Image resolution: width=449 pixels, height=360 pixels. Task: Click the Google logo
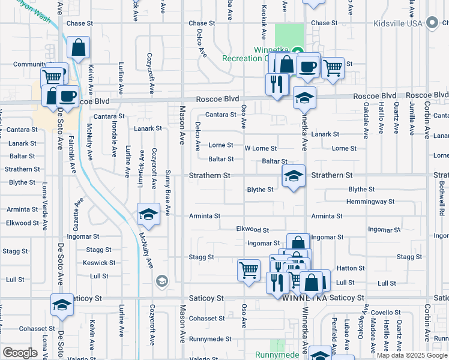(x=20, y=353)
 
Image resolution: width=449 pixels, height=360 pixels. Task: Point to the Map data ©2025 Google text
(x=412, y=355)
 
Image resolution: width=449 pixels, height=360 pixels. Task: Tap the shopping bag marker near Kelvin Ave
(x=79, y=47)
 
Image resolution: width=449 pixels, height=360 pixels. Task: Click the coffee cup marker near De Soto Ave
(x=67, y=97)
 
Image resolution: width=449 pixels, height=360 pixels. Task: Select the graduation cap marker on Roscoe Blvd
(x=304, y=97)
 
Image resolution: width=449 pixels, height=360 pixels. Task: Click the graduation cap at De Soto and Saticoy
(x=61, y=305)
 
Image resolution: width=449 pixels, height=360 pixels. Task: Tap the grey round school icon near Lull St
(x=161, y=280)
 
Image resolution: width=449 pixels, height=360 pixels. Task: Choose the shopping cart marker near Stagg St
(x=249, y=268)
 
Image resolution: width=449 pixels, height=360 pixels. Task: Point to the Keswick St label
(x=99, y=263)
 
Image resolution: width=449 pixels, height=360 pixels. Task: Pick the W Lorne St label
(x=261, y=148)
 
